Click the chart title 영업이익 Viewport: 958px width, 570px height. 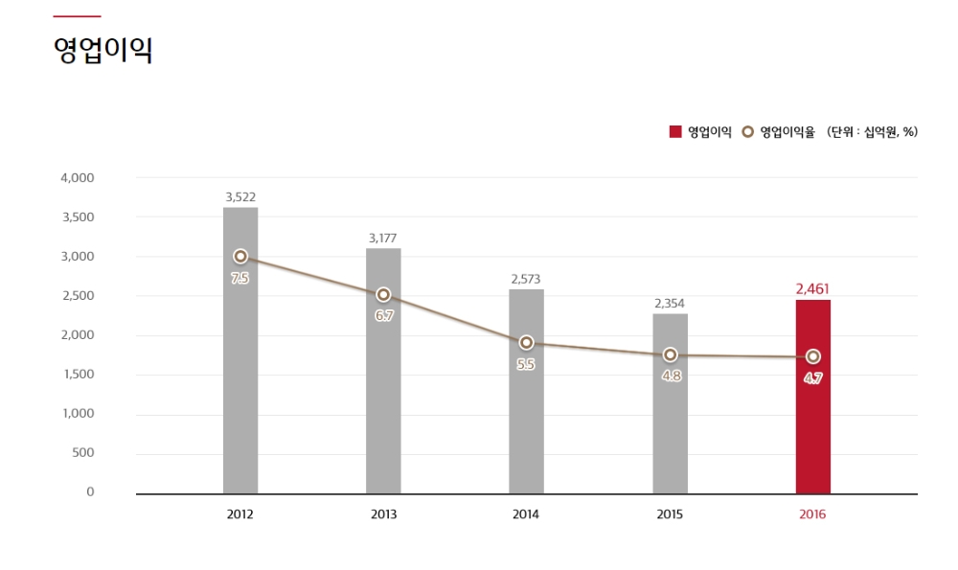click(x=103, y=51)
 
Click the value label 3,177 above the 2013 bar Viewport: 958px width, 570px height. click(x=383, y=238)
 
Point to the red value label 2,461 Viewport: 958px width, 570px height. click(x=812, y=287)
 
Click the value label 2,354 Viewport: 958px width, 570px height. click(x=670, y=304)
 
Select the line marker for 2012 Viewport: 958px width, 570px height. click(x=240, y=257)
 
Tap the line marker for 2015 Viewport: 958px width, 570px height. click(x=670, y=355)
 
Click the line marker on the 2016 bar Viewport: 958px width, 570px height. click(x=812, y=356)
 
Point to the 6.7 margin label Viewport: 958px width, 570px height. click(x=384, y=315)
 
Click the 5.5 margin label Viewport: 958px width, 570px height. click(x=526, y=364)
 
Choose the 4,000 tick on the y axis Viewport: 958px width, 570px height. click(x=77, y=178)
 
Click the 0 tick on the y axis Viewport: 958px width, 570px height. click(x=90, y=492)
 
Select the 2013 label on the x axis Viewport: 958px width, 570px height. click(x=383, y=514)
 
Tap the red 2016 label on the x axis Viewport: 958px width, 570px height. click(x=812, y=514)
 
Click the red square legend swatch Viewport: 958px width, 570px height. click(x=675, y=132)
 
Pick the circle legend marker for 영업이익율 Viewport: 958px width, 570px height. click(x=748, y=132)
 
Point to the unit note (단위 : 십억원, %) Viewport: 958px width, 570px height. click(x=872, y=132)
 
